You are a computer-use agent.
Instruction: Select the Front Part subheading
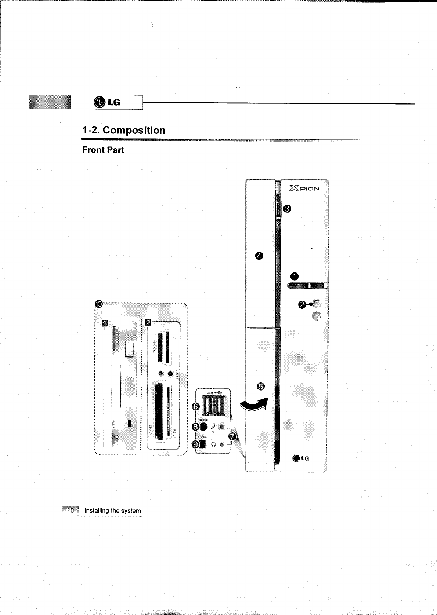(103, 150)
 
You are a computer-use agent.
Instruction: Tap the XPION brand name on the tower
(304, 188)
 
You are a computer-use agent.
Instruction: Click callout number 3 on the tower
(288, 209)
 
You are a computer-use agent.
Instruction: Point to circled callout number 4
(259, 256)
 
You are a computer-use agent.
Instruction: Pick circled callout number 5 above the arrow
(261, 386)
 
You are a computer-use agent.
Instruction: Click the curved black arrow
(254, 405)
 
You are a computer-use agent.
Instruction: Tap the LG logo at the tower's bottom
(301, 458)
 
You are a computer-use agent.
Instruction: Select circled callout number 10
(99, 304)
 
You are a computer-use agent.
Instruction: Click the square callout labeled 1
(105, 322)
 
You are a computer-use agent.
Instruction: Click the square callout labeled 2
(148, 322)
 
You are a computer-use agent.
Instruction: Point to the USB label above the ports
(210, 393)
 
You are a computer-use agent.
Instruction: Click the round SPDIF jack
(204, 427)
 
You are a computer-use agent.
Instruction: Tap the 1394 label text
(202, 437)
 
